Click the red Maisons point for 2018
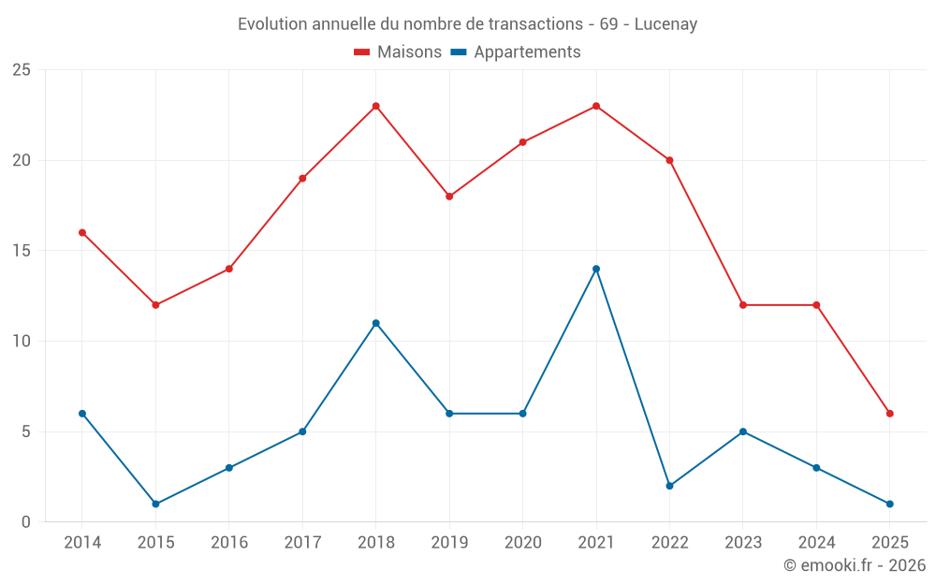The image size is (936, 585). tap(375, 106)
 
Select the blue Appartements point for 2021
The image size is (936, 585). tap(596, 269)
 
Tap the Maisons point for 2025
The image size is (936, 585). tap(890, 414)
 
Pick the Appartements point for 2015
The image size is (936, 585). tap(155, 505)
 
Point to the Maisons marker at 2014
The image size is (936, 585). tap(82, 232)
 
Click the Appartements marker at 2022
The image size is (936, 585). tap(669, 486)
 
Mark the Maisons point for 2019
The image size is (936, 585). tap(449, 197)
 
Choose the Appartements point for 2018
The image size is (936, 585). tap(375, 323)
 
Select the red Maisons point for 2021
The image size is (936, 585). tap(596, 106)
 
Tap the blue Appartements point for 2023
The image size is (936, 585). tap(743, 431)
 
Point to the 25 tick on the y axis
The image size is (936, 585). tap(22, 70)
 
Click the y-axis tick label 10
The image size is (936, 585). tap(22, 341)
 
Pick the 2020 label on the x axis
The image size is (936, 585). tap(522, 543)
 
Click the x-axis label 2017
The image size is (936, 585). tap(302, 543)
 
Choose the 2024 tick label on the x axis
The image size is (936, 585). tap(816, 543)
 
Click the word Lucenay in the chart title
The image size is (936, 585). tap(665, 24)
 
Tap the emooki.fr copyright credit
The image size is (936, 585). tap(854, 565)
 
